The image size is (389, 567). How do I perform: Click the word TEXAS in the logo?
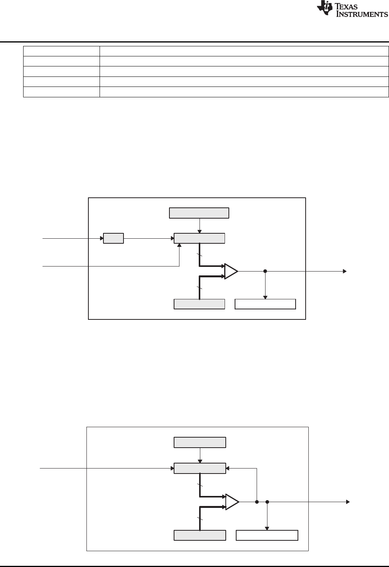point(351,6)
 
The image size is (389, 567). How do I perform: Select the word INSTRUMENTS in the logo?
point(362,14)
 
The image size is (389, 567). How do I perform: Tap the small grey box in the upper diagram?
point(113,238)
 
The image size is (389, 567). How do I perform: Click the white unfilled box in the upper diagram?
point(266,304)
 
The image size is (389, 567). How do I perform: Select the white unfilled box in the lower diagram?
point(267,535)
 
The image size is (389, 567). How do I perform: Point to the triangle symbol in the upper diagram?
point(231,271)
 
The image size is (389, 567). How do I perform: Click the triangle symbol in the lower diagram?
point(232,502)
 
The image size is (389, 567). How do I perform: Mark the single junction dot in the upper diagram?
point(265,271)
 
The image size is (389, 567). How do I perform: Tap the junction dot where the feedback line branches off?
point(257,502)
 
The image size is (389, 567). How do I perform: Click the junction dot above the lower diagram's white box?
point(267,502)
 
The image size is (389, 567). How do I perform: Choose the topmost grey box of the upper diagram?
point(199,213)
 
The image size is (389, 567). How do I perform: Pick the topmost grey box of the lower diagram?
point(200,442)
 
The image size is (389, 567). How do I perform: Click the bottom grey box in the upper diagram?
point(200,304)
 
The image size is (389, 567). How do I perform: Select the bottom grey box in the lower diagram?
point(200,535)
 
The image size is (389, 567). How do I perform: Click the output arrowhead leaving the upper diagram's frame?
point(345,271)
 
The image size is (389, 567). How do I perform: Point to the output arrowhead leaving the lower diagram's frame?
point(347,502)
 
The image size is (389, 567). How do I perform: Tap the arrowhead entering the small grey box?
point(101,239)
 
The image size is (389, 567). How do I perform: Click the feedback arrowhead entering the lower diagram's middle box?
point(228,469)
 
